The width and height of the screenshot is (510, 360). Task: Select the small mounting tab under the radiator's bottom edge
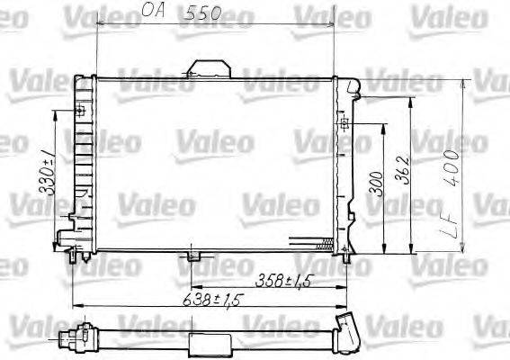[191, 258]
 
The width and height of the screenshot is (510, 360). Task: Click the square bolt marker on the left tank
[80, 112]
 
